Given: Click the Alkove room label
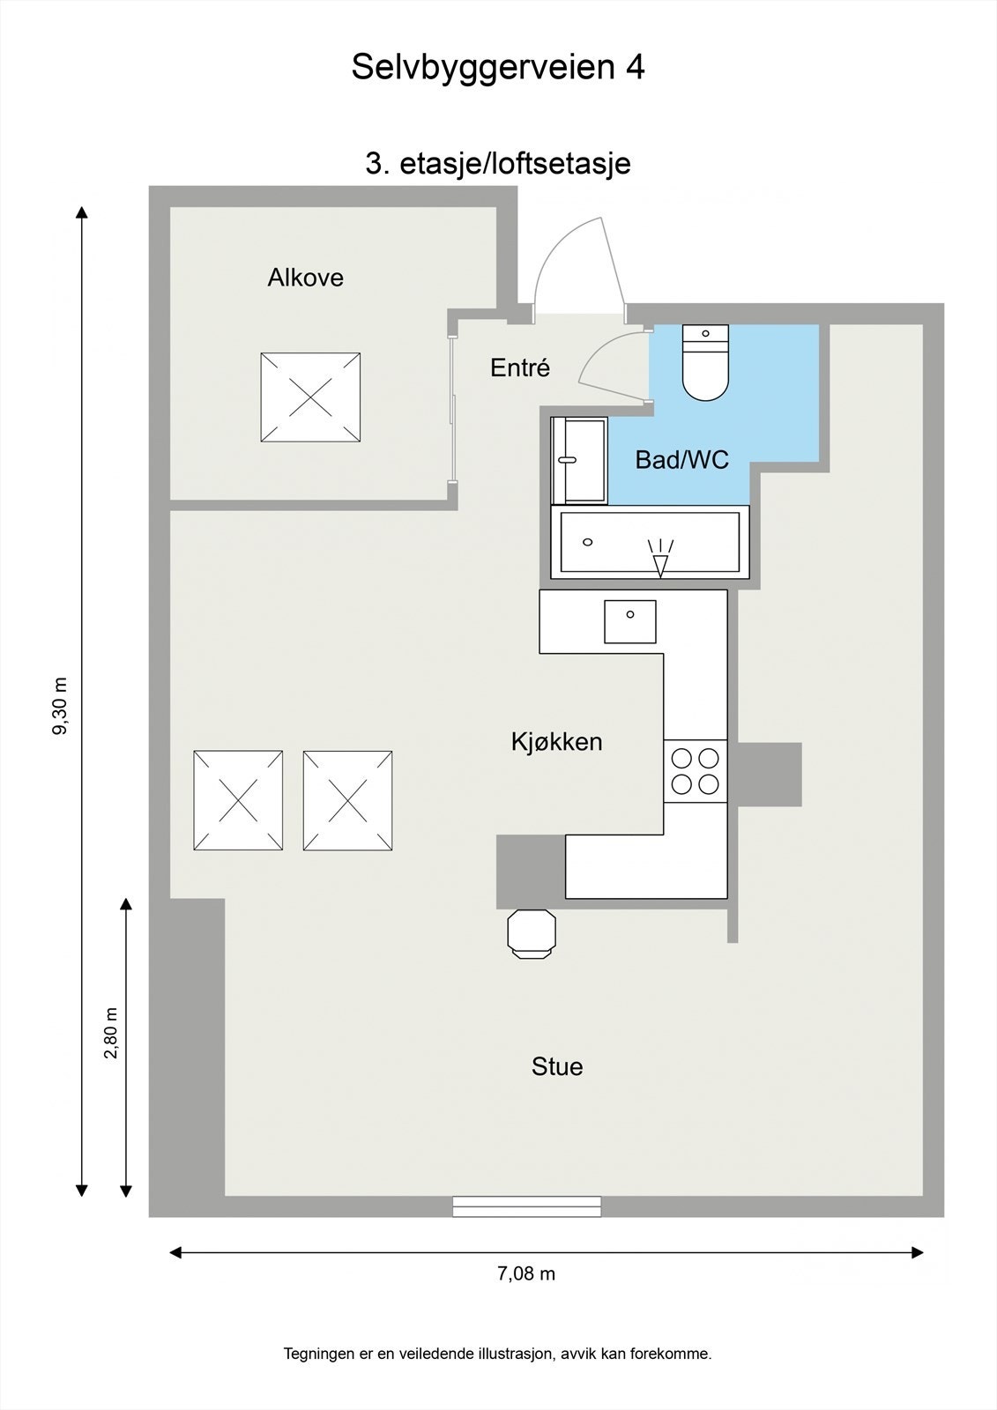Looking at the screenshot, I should coord(305,278).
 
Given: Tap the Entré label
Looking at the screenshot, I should coord(520,367).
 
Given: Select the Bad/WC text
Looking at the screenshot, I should coord(681,459).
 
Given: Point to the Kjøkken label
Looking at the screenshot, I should coord(556,742).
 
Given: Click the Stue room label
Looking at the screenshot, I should coord(556,1067).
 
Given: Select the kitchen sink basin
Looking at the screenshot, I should coord(629,621).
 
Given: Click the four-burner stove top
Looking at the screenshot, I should coord(695,770).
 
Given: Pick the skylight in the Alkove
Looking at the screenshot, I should coord(310,397).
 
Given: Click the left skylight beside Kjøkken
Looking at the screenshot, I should coord(238,800).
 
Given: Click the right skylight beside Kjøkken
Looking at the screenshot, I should coord(347,800).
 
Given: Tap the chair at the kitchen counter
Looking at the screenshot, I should coord(532,933).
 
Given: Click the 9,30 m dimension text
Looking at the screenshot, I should coord(60,706).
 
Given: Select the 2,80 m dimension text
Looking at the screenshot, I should coord(110,1034).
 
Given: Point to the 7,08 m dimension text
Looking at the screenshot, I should coord(526,1273).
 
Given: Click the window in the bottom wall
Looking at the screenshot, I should coord(526,1206).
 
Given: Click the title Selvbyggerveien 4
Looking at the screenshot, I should coord(498,67).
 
